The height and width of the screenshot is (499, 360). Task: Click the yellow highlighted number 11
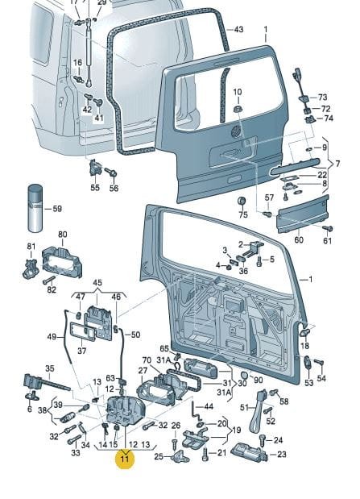[x=125, y=459]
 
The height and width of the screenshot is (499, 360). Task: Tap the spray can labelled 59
[x=35, y=209]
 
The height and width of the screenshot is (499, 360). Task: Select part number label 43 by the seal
[x=238, y=30]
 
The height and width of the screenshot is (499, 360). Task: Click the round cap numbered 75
[x=242, y=202]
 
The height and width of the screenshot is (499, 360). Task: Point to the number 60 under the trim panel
[x=299, y=239]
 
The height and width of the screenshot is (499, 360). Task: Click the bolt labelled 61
[x=328, y=228]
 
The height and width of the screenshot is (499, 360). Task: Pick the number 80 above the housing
[x=63, y=235]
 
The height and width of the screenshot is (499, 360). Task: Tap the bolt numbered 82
[x=48, y=281]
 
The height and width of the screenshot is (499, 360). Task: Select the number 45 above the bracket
[x=97, y=283]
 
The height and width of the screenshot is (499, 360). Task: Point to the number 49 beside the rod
[x=52, y=337]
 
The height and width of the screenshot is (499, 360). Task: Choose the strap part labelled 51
[x=258, y=411]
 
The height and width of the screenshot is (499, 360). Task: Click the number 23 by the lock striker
[x=282, y=454]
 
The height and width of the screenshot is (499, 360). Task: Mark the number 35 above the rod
[x=50, y=368]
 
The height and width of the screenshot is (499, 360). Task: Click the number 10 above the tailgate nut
[x=238, y=92]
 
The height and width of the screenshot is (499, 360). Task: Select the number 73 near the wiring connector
[x=322, y=97]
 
